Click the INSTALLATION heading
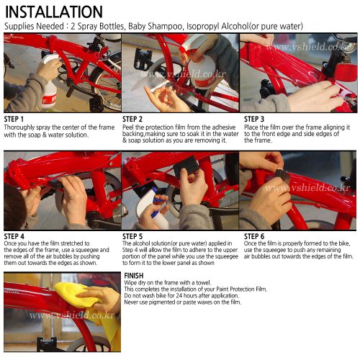53,12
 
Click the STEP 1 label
14,120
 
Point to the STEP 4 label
14,236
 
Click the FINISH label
134,276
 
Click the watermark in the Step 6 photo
307,189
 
